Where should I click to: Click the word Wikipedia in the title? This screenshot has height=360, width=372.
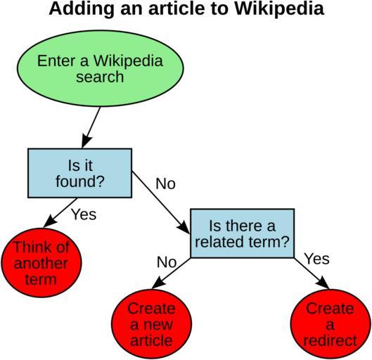[279, 8]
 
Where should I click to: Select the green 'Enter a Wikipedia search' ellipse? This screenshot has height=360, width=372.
[100, 68]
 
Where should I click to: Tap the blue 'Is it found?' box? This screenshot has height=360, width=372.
[79, 173]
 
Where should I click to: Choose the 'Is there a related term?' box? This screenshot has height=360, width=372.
[242, 233]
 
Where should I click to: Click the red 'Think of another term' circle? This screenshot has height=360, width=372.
[41, 262]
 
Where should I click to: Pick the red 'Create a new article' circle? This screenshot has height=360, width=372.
[151, 323]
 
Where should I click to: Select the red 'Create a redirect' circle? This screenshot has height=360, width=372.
[331, 323]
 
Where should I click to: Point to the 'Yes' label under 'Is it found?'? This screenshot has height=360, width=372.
[84, 214]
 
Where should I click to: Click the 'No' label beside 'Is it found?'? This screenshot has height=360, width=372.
[165, 184]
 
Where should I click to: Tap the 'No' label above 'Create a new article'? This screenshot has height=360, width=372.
[167, 262]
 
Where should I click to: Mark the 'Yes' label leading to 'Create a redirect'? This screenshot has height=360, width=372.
[317, 259]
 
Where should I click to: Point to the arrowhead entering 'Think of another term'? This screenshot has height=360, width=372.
[50, 221]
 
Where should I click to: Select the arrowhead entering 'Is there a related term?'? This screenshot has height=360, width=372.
[184, 227]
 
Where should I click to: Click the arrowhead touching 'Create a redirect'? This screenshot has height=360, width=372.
[323, 282]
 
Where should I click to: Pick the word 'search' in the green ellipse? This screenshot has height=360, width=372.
[100, 77]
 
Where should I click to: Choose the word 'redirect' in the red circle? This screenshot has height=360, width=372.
[331, 340]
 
